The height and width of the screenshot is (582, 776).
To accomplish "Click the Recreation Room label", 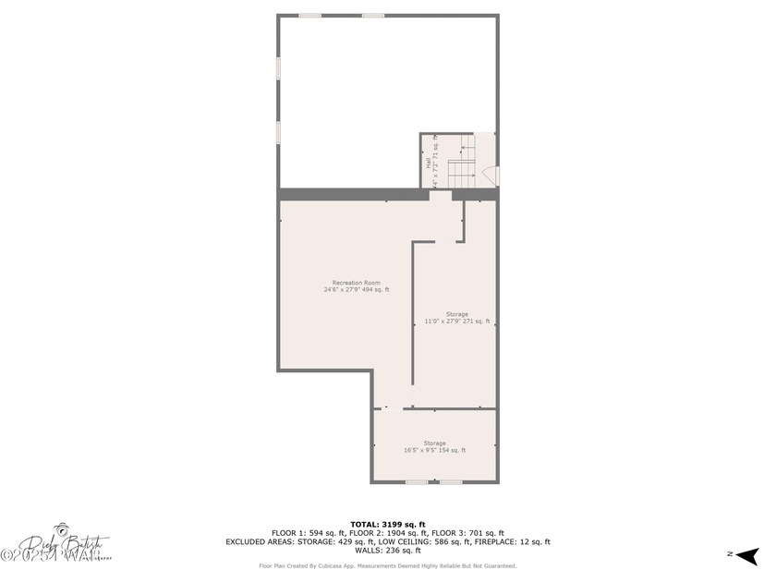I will pyautogui.click(x=356, y=283).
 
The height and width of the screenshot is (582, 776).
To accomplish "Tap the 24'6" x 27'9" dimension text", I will pyautogui.click(x=356, y=290).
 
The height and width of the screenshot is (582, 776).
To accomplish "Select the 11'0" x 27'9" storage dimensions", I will pyautogui.click(x=456, y=321).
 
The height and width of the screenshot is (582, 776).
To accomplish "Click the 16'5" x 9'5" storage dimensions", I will pyautogui.click(x=434, y=451).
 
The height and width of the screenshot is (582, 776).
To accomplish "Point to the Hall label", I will pyautogui.click(x=428, y=162).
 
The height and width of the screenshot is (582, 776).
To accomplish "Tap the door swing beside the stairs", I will pyautogui.click(x=491, y=176).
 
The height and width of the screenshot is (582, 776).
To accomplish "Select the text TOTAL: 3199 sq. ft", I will pyautogui.click(x=387, y=525).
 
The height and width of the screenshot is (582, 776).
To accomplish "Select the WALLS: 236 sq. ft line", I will pyautogui.click(x=388, y=551).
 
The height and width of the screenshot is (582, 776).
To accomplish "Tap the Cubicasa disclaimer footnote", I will pyautogui.click(x=387, y=565).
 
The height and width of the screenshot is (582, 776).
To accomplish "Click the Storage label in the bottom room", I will pyautogui.click(x=434, y=443).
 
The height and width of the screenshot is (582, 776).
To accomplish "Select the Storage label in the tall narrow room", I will pyautogui.click(x=456, y=314).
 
